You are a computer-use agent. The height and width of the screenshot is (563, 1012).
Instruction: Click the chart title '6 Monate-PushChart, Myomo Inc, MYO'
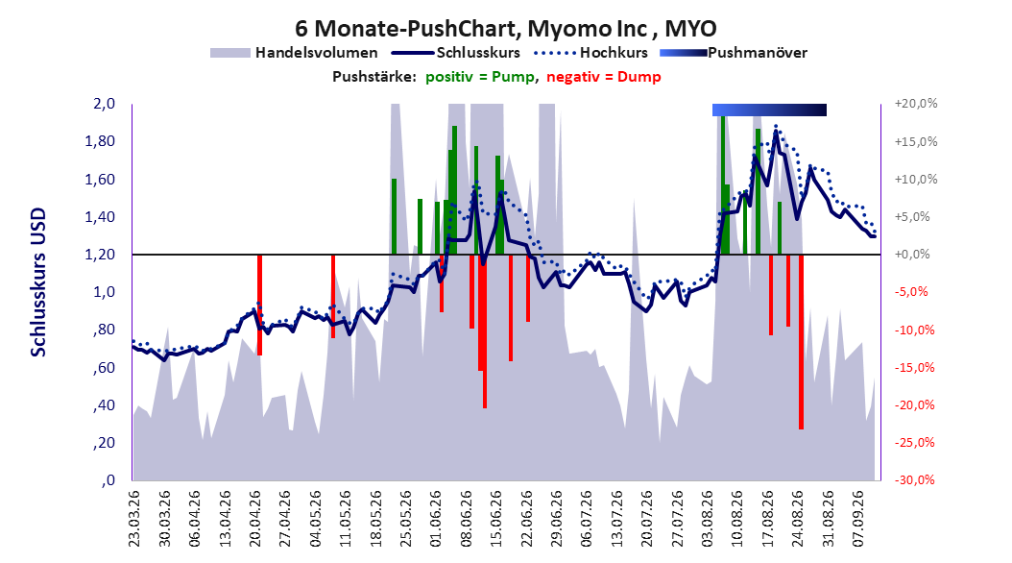pyautogui.click(x=505, y=29)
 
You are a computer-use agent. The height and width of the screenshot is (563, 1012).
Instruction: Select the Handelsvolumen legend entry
pyautogui.click(x=294, y=53)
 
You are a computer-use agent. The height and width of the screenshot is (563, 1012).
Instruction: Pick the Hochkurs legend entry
pyautogui.click(x=590, y=53)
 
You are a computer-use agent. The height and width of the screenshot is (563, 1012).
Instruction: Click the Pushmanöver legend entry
pyautogui.click(x=734, y=53)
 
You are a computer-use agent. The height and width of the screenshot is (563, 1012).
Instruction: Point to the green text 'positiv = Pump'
pyautogui.click(x=480, y=77)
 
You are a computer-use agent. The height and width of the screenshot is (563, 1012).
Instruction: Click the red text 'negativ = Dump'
pyautogui.click(x=604, y=77)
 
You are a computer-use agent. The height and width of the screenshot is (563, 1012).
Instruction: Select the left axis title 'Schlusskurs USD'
pyautogui.click(x=38, y=281)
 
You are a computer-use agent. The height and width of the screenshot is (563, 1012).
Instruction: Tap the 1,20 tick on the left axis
pyautogui.click(x=100, y=255)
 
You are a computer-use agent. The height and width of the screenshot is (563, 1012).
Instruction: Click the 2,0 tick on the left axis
pyautogui.click(x=104, y=104)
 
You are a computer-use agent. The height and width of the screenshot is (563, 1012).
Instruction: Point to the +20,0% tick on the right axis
pyautogui.click(x=916, y=104)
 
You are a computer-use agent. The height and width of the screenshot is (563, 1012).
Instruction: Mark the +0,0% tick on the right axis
pyautogui.click(x=912, y=255)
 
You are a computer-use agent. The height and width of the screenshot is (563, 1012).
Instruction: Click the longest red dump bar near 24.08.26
pyautogui.click(x=801, y=341)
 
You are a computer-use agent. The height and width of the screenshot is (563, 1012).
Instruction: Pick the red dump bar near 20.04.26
pyautogui.click(x=259, y=305)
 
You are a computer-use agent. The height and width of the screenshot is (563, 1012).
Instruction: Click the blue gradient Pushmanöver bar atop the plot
pyautogui.click(x=769, y=110)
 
